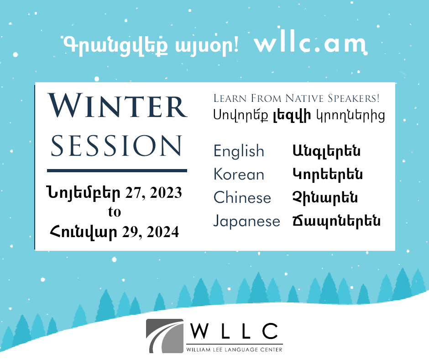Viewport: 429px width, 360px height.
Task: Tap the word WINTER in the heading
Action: click(117, 106)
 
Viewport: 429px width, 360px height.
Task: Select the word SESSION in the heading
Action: click(116, 146)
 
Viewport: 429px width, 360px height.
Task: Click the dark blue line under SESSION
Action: click(117, 171)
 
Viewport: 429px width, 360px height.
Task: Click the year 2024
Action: click(162, 233)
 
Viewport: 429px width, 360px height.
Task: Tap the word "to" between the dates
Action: click(115, 212)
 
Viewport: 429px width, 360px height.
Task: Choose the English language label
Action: click(239, 151)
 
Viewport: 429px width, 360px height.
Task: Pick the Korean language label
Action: click(239, 174)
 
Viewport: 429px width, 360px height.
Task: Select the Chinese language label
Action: click(242, 197)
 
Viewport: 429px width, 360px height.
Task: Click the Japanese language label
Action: click(247, 222)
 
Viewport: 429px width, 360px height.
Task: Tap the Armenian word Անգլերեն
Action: click(326, 151)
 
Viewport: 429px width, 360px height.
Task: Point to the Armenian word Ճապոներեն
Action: click(336, 222)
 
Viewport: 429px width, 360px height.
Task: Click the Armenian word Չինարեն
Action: click(325, 197)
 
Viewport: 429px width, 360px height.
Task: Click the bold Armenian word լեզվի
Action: click(292, 115)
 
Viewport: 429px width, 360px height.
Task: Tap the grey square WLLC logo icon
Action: click(165, 336)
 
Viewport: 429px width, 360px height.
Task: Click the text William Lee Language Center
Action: click(234, 349)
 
